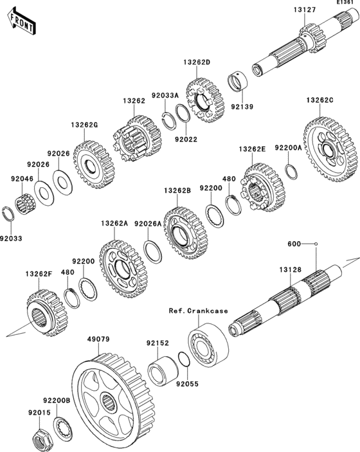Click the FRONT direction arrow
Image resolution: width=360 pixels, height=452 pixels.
coord(22,21)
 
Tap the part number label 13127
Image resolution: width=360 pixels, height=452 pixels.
coord(305,10)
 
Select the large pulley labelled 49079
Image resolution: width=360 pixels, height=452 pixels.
coord(113,400)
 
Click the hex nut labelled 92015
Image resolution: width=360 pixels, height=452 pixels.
coord(42,438)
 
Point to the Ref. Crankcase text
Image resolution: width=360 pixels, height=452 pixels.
coord(198,311)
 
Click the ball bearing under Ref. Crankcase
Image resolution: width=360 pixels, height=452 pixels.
coord(208,345)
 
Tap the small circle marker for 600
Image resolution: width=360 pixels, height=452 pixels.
coord(316,244)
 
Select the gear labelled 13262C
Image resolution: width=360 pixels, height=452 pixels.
coord(330,149)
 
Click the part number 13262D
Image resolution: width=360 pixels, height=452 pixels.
coord(197,62)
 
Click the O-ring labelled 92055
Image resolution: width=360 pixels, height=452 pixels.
coord(184,359)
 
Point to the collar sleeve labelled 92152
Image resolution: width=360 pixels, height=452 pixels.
coord(163,371)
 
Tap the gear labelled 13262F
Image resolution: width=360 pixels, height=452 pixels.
coord(47,313)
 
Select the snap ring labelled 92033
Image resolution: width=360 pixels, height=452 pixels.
coord(8,214)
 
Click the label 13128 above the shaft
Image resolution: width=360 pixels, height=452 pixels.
coord(290,270)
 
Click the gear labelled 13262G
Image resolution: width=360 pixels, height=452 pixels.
coord(94,165)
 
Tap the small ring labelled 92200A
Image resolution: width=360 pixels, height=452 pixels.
coord(291,172)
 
